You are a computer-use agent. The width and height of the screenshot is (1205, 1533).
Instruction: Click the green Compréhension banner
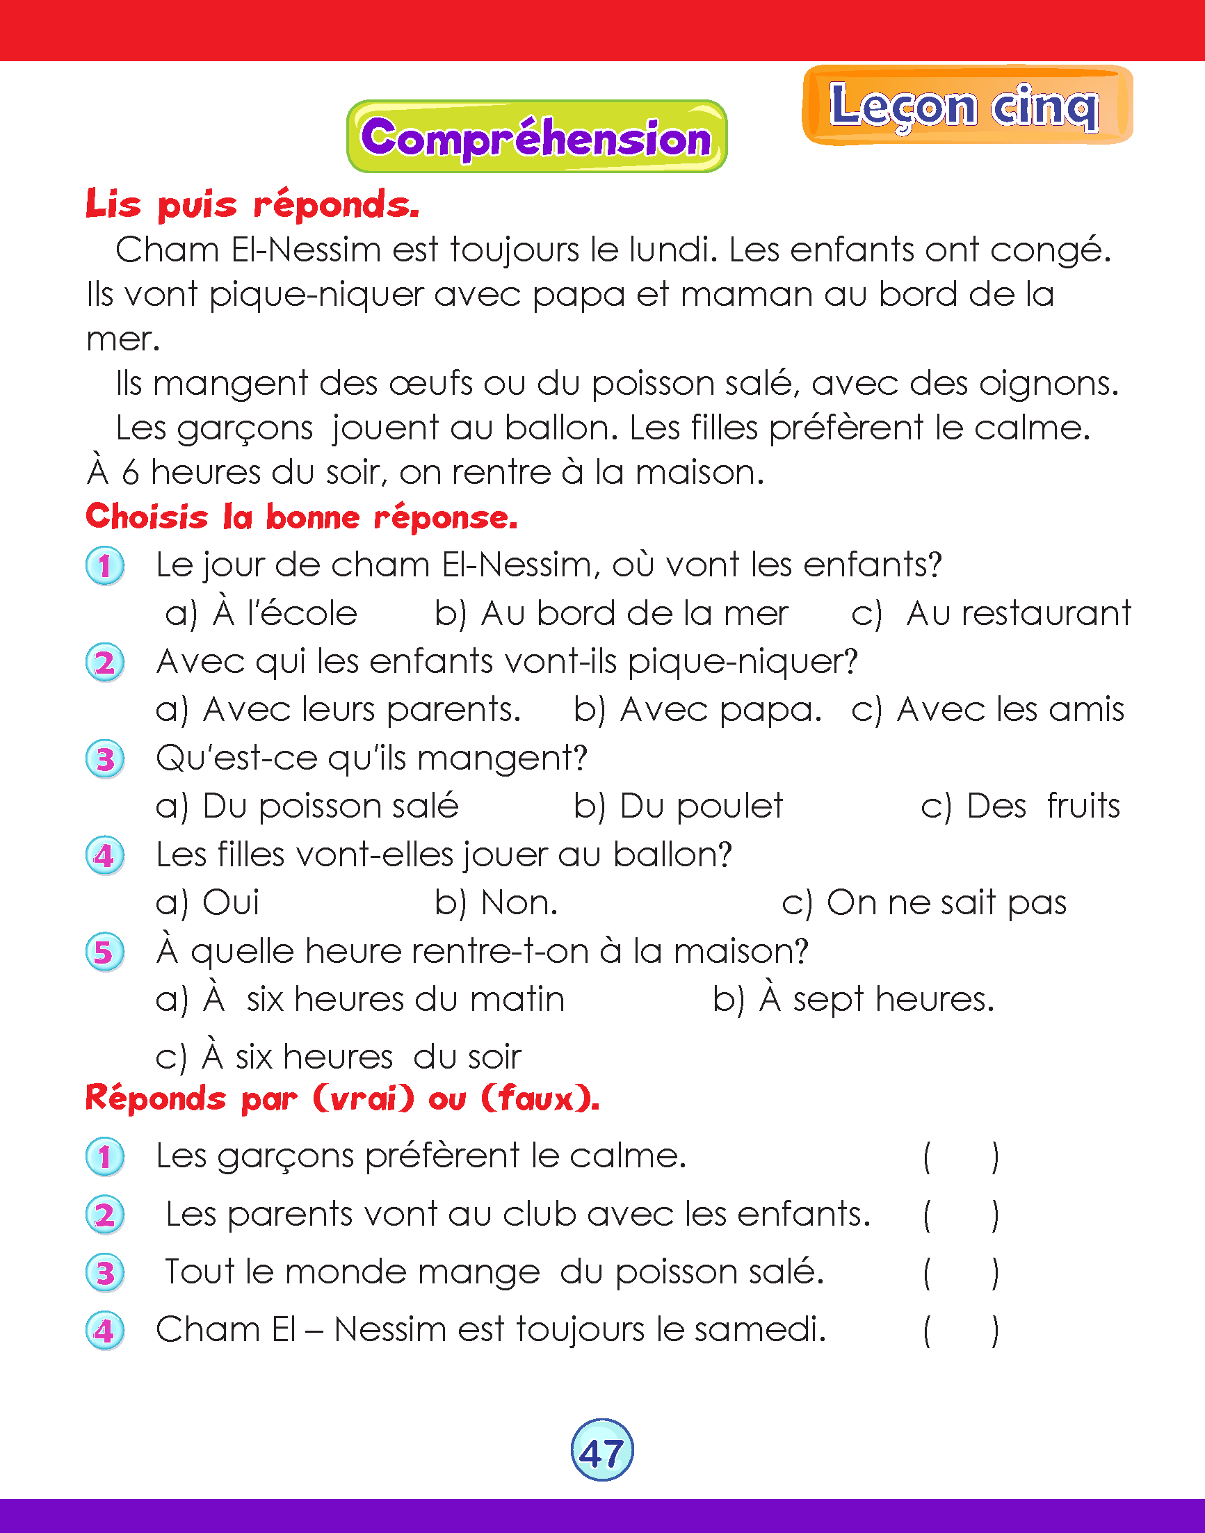pyautogui.click(x=536, y=137)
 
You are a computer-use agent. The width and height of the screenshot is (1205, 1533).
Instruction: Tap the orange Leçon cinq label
pyautogui.click(x=967, y=106)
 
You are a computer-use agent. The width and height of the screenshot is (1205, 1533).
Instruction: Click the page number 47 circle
pyautogui.click(x=601, y=1450)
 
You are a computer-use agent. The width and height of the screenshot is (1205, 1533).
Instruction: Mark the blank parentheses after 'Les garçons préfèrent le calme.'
pyautogui.click(x=961, y=1157)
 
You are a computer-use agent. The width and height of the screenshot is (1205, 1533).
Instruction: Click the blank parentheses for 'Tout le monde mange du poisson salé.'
pyautogui.click(x=961, y=1274)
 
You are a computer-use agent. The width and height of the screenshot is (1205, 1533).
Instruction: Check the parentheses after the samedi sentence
pyautogui.click(x=961, y=1331)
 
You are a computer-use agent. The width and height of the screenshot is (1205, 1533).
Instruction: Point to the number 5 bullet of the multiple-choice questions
pyautogui.click(x=105, y=952)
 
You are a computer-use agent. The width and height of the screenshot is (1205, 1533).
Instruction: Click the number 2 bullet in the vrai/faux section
pyautogui.click(x=105, y=1215)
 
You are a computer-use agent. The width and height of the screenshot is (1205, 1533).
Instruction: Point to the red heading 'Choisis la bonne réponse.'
pyautogui.click(x=301, y=517)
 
